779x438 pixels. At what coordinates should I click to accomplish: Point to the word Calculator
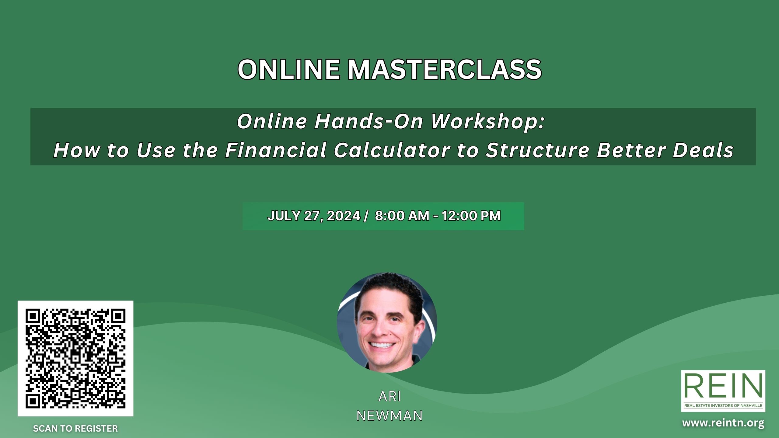(x=392, y=150)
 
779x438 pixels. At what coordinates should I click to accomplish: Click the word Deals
(x=703, y=150)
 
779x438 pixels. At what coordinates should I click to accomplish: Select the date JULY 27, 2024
(x=314, y=216)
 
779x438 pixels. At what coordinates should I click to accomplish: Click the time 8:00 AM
(x=402, y=216)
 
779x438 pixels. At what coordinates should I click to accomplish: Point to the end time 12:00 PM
(x=471, y=216)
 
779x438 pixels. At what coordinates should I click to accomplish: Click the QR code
(x=75, y=358)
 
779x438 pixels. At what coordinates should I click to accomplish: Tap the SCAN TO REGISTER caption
(x=75, y=429)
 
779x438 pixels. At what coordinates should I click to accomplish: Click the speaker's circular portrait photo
(x=387, y=322)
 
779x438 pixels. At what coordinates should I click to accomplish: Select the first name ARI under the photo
(x=390, y=396)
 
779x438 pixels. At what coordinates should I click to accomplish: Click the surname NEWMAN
(x=389, y=416)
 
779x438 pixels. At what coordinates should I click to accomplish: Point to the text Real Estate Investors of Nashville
(x=723, y=405)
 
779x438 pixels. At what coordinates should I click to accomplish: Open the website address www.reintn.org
(x=723, y=423)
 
